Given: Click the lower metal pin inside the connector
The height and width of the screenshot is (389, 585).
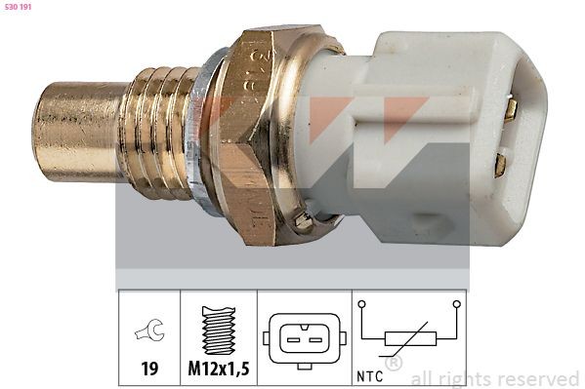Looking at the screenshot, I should (x=500, y=164).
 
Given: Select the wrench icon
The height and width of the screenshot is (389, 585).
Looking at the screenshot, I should (x=149, y=333).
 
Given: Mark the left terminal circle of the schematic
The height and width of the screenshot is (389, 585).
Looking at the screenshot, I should (x=361, y=305).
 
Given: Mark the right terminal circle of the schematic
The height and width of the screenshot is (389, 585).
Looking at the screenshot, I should (x=456, y=305).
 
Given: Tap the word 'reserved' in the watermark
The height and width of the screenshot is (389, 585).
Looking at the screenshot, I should (x=537, y=378).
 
